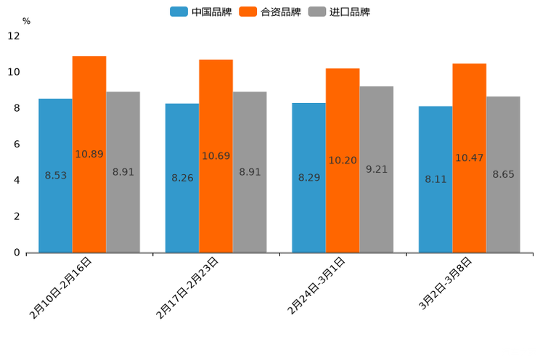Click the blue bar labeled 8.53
55,176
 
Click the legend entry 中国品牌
201,12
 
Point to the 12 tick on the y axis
15,36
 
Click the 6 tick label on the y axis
17,144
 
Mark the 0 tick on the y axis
17,253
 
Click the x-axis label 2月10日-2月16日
61,287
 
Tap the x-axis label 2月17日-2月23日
187,287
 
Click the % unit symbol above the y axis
26,21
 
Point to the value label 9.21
377,169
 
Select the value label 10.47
469,157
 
